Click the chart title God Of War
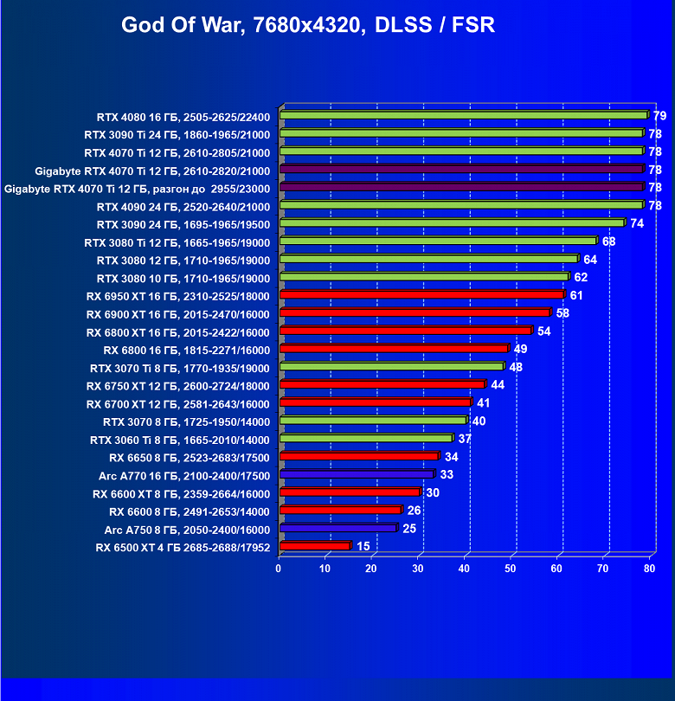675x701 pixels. coord(308,24)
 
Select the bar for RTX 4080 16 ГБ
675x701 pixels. coord(463,115)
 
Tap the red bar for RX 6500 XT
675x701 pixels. coord(314,546)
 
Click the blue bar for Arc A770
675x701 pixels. coord(356,474)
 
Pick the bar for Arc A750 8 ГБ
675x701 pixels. coord(337,528)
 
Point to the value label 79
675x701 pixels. coord(659,116)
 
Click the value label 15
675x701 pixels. coord(363,546)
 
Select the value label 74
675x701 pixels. coord(637,223)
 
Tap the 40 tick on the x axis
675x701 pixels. coord(465,569)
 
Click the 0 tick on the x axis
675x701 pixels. coord(279,569)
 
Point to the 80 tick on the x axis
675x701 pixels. coord(650,569)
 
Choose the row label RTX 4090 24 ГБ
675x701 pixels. coord(183,207)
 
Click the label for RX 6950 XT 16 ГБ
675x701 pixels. coord(178,297)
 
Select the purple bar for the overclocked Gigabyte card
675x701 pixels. coord(461,187)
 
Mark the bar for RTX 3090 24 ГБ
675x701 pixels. coord(451,223)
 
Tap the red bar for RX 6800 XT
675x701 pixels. coord(405,331)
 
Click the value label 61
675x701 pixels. coord(576,296)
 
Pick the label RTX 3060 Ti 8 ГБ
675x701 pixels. coord(180,440)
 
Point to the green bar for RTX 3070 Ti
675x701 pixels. coord(390,367)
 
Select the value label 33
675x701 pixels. coord(447,475)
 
